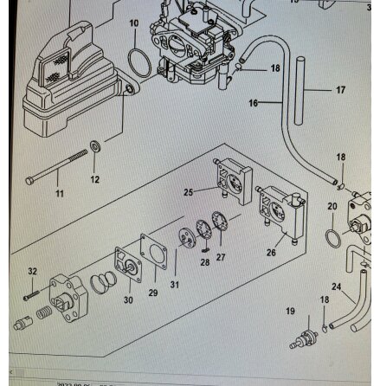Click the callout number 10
click(x=133, y=23)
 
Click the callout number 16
click(x=254, y=103)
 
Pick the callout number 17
click(x=340, y=89)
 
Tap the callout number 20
click(x=332, y=206)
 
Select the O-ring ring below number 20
click(x=334, y=236)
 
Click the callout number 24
click(x=337, y=286)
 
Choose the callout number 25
click(x=189, y=191)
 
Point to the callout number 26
click(x=271, y=253)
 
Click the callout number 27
click(x=221, y=257)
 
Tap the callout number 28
click(x=205, y=261)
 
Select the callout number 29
click(x=153, y=293)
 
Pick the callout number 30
click(x=128, y=300)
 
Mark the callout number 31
click(x=175, y=284)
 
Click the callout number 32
click(x=32, y=271)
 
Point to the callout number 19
click(x=290, y=310)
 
